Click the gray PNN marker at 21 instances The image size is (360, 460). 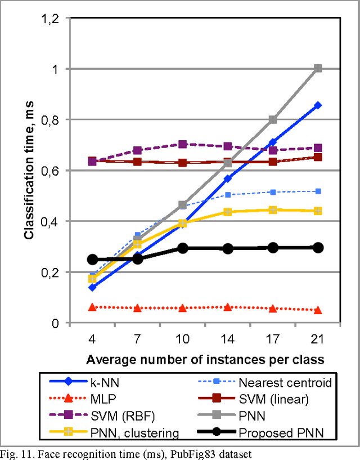pos(318,69)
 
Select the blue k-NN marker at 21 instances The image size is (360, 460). pos(318,105)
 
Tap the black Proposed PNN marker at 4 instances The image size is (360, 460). pos(92,260)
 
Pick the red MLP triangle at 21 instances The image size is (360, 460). pos(318,310)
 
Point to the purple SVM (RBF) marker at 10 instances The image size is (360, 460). pos(182,144)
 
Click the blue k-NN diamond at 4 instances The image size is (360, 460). pos(92,287)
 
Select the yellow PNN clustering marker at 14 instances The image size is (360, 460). pos(228,212)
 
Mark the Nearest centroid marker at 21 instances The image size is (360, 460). pos(318,191)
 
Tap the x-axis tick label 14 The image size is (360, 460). pos(228,340)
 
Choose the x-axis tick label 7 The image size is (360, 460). pos(137,340)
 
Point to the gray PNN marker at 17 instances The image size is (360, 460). pos(273,119)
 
